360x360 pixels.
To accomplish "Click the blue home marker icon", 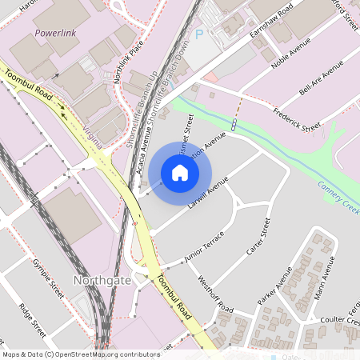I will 180,173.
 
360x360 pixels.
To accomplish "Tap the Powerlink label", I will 55,34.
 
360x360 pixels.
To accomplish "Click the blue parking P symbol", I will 200,35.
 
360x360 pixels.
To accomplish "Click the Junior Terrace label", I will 204,250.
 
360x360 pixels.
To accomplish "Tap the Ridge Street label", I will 34,316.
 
